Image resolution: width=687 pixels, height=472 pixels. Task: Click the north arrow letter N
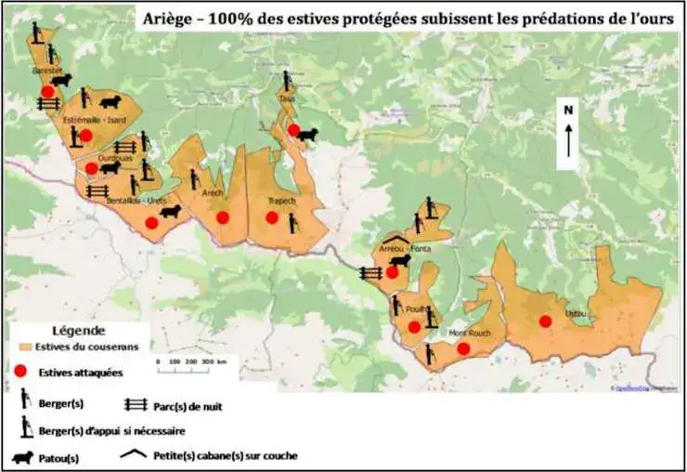click(567, 110)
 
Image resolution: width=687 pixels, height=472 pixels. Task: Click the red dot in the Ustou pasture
click(545, 321)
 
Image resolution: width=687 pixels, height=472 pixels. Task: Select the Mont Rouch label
click(469, 334)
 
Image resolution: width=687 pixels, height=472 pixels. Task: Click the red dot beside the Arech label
click(223, 217)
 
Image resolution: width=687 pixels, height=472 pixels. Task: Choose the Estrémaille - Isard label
click(95, 121)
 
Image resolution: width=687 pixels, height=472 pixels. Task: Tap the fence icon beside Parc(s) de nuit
click(136, 404)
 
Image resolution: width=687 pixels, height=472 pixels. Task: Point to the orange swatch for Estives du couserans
click(23, 347)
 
